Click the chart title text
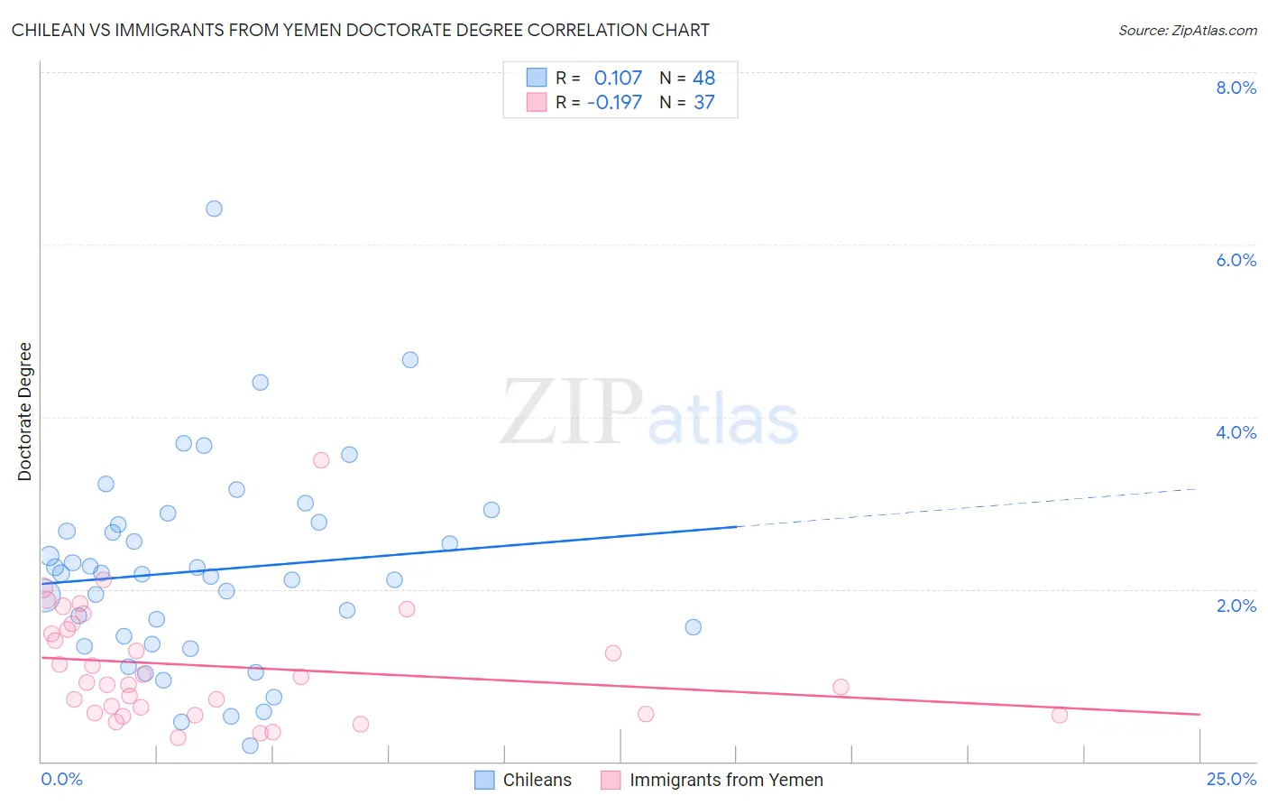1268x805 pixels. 360,30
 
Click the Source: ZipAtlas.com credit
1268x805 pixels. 1187,30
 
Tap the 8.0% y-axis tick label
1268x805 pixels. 1236,88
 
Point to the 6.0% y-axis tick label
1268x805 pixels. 1236,260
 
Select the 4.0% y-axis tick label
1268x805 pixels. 1236,432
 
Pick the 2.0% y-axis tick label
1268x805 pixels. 1236,606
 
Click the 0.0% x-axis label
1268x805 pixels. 61,779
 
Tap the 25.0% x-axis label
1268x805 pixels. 1231,779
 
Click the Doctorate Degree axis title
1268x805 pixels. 24,412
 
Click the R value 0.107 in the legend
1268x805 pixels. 618,79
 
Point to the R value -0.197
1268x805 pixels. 614,103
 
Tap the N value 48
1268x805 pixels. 703,79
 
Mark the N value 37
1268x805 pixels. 703,103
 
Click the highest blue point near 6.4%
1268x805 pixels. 214,208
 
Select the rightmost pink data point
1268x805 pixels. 1060,715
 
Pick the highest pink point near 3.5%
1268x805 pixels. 321,460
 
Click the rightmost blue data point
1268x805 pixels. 693,627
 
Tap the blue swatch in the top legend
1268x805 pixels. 537,78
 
